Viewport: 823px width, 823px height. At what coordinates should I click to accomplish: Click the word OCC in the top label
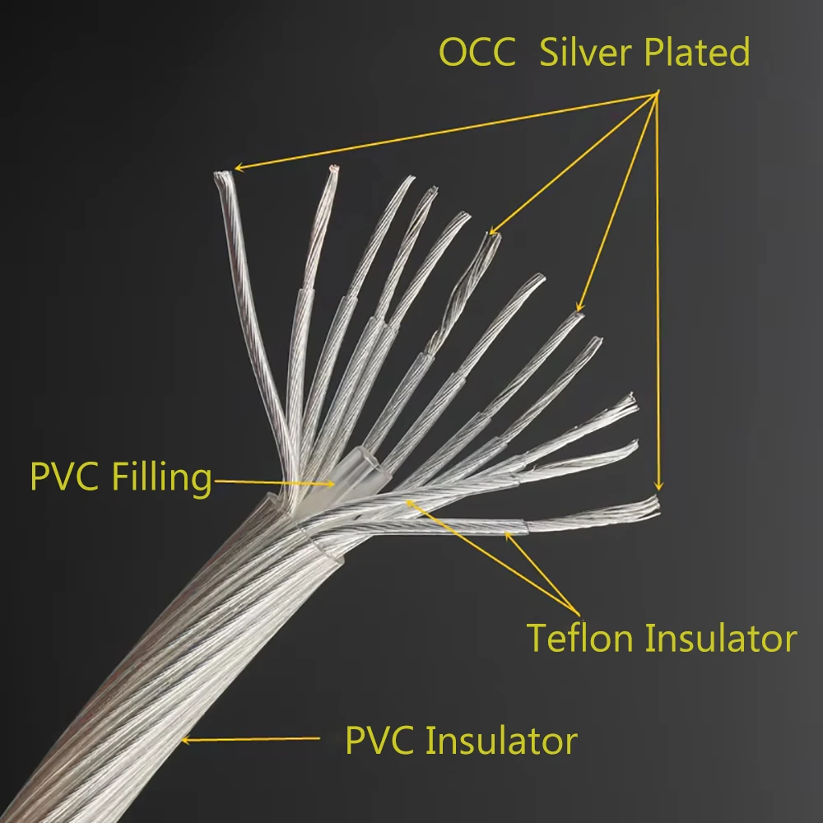(x=477, y=53)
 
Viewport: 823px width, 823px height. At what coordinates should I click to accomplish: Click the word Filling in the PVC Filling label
(x=161, y=478)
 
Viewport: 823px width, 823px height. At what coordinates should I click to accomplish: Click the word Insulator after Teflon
(x=721, y=639)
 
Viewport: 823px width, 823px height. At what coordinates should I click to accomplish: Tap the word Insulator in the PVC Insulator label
(x=501, y=741)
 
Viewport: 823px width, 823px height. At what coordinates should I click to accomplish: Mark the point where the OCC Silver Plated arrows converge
(x=657, y=93)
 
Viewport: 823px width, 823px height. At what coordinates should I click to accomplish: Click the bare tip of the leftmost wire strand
(x=223, y=174)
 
